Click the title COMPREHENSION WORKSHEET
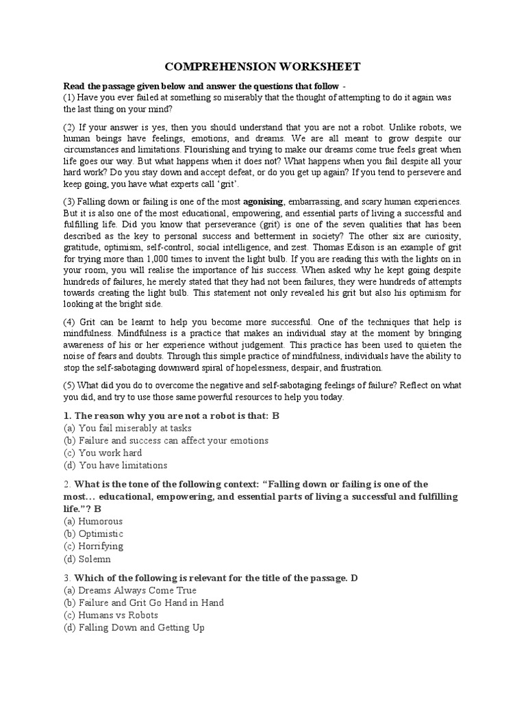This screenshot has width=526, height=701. click(x=262, y=66)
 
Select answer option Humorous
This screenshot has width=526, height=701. click(x=101, y=522)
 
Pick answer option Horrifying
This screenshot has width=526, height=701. click(x=101, y=546)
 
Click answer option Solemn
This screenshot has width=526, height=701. click(x=95, y=559)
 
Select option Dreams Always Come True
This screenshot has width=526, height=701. click(x=138, y=590)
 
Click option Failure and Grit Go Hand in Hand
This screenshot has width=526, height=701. click(x=151, y=602)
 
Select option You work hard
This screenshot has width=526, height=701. click(x=110, y=453)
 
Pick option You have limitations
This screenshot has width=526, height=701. click(x=123, y=466)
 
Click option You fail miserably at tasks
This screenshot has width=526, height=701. click(x=134, y=429)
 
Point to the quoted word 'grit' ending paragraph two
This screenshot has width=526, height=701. click(x=227, y=184)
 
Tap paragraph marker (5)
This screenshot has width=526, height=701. click(x=70, y=385)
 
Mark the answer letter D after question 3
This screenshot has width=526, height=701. click(x=354, y=578)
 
